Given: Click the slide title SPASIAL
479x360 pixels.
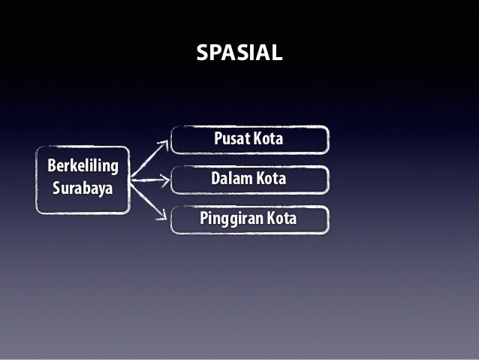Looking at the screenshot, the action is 239,53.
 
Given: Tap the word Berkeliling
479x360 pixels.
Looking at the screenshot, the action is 82,165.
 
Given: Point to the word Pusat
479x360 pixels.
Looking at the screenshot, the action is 231,140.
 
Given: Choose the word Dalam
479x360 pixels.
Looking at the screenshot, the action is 231,180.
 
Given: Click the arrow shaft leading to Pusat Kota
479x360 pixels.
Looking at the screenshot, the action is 148,159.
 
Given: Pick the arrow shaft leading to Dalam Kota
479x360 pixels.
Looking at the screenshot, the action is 146,180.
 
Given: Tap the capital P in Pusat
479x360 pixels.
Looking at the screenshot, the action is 218,140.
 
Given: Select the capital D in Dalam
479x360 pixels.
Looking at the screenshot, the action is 216,180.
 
